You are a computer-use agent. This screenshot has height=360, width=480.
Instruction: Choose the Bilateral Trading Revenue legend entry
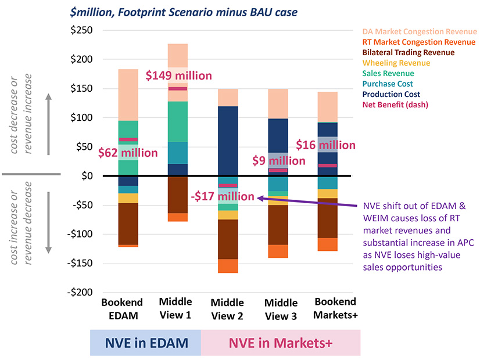pyautogui.click(x=409, y=52)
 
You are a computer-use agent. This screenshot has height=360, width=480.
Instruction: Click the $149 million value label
pyautogui.click(x=178, y=75)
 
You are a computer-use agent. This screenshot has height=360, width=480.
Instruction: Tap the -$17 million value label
pyautogui.click(x=222, y=197)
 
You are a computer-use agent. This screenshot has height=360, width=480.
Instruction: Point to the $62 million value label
pyautogui.click(x=128, y=153)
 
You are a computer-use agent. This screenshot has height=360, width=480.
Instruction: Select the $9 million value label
pyautogui.click(x=278, y=161)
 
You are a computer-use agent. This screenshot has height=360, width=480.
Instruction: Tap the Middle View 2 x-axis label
pyautogui.click(x=228, y=309)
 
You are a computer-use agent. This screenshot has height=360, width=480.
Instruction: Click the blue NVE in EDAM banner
pyautogui.click(x=145, y=343)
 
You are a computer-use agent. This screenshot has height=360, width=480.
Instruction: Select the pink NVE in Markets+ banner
pyautogui.click(x=280, y=343)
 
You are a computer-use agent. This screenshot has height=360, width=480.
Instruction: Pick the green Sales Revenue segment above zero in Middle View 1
pyautogui.click(x=178, y=122)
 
